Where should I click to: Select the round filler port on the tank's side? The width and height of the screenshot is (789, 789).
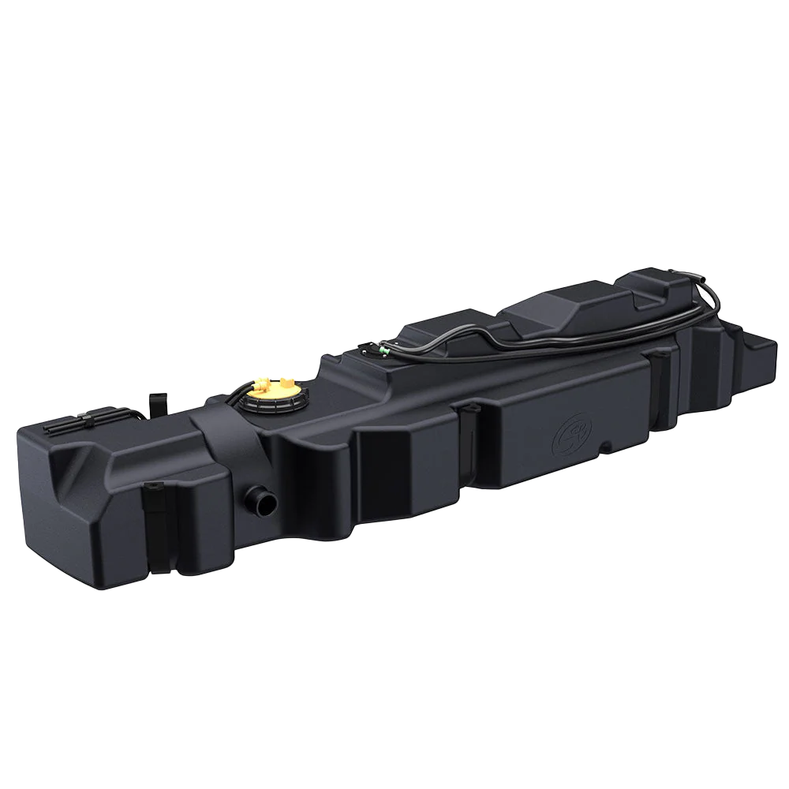point(259,500)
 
